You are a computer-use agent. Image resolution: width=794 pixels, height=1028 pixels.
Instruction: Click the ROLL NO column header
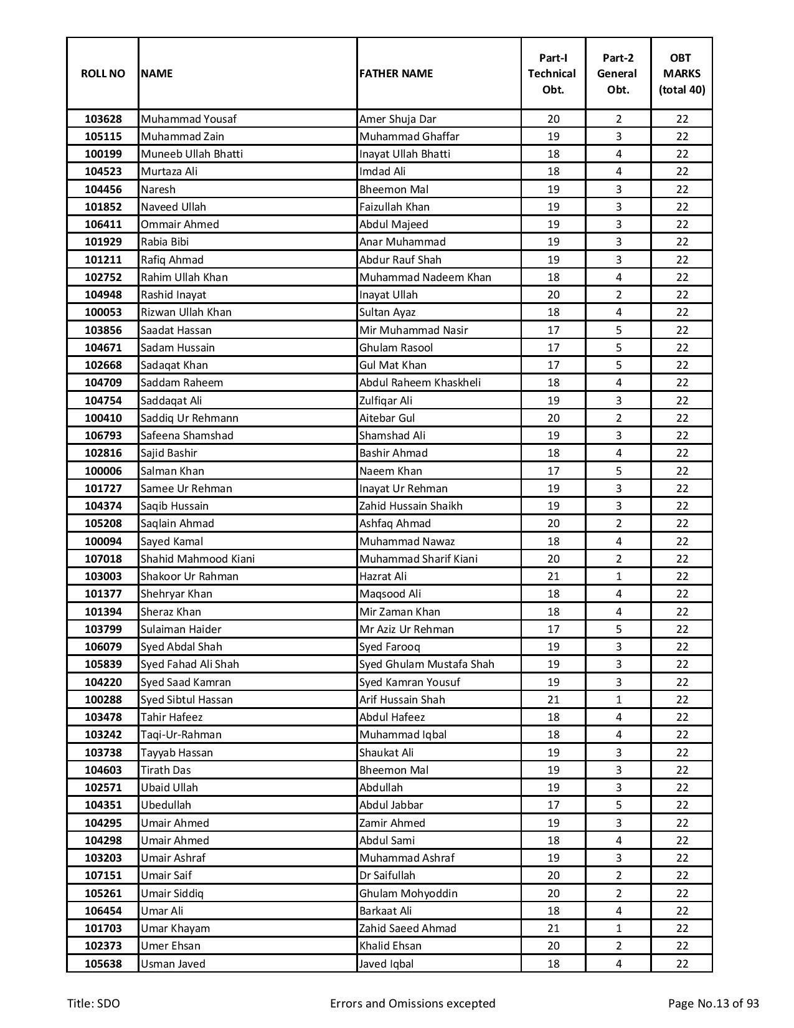click(103, 74)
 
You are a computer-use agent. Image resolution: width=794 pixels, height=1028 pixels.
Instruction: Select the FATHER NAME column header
click(395, 74)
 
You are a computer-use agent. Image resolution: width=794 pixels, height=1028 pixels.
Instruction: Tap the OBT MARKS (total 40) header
click(681, 74)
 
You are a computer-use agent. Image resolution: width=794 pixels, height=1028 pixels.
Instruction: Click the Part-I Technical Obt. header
click(552, 74)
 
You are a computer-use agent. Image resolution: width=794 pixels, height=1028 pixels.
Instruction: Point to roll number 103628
click(103, 119)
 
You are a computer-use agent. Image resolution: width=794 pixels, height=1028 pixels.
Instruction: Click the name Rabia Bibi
click(164, 242)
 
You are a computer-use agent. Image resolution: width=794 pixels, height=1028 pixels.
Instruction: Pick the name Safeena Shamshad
click(186, 435)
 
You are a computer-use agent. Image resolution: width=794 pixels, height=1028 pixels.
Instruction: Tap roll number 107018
click(103, 559)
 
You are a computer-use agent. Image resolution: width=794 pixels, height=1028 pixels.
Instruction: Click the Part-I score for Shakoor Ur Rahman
click(553, 576)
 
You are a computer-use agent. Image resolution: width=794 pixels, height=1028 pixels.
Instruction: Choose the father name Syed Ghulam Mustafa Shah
click(427, 664)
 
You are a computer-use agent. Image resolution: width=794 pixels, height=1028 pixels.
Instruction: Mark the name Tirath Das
click(166, 770)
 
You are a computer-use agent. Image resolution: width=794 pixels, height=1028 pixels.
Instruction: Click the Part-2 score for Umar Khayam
click(618, 928)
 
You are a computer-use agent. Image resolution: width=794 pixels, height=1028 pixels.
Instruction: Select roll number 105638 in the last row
click(103, 964)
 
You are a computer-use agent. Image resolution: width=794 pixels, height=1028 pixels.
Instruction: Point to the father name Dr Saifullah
click(387, 875)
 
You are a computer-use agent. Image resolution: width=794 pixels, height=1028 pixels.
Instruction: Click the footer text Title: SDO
click(93, 1003)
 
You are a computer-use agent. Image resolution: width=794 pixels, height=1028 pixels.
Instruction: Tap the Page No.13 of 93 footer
click(713, 1003)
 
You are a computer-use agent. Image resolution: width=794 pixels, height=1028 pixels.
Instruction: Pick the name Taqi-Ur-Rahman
click(181, 735)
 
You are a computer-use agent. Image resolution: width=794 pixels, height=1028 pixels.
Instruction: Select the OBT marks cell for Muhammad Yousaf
click(682, 119)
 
